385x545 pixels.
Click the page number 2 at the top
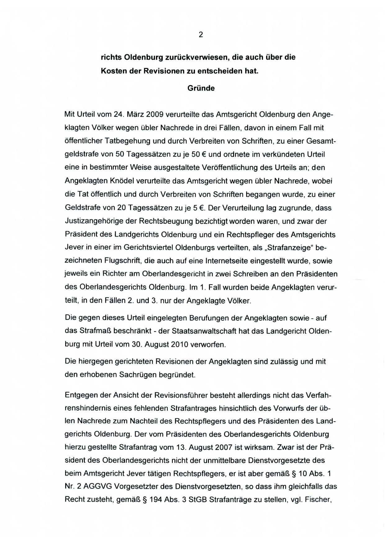(201, 35)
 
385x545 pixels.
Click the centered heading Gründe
(201, 88)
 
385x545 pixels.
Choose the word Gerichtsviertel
(148, 248)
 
